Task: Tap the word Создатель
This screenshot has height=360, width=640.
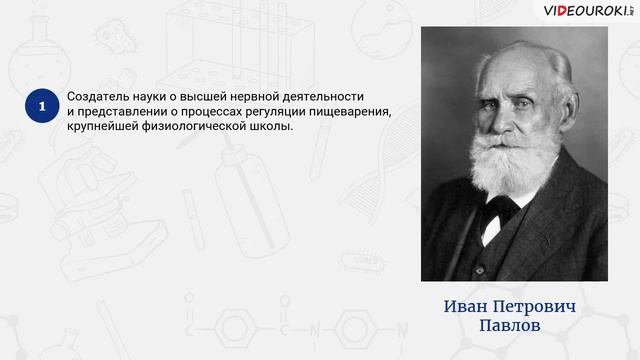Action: [98, 95]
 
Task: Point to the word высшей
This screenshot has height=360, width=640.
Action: [213, 95]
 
